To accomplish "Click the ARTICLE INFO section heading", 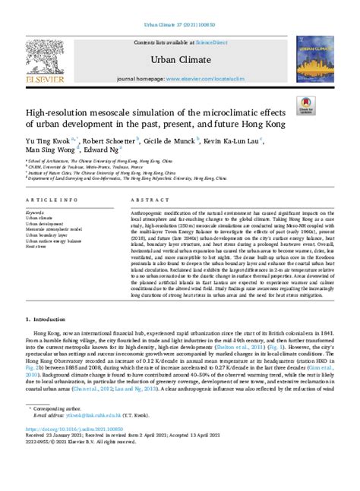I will (x=49, y=198).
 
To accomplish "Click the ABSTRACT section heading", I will (x=134, y=198).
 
